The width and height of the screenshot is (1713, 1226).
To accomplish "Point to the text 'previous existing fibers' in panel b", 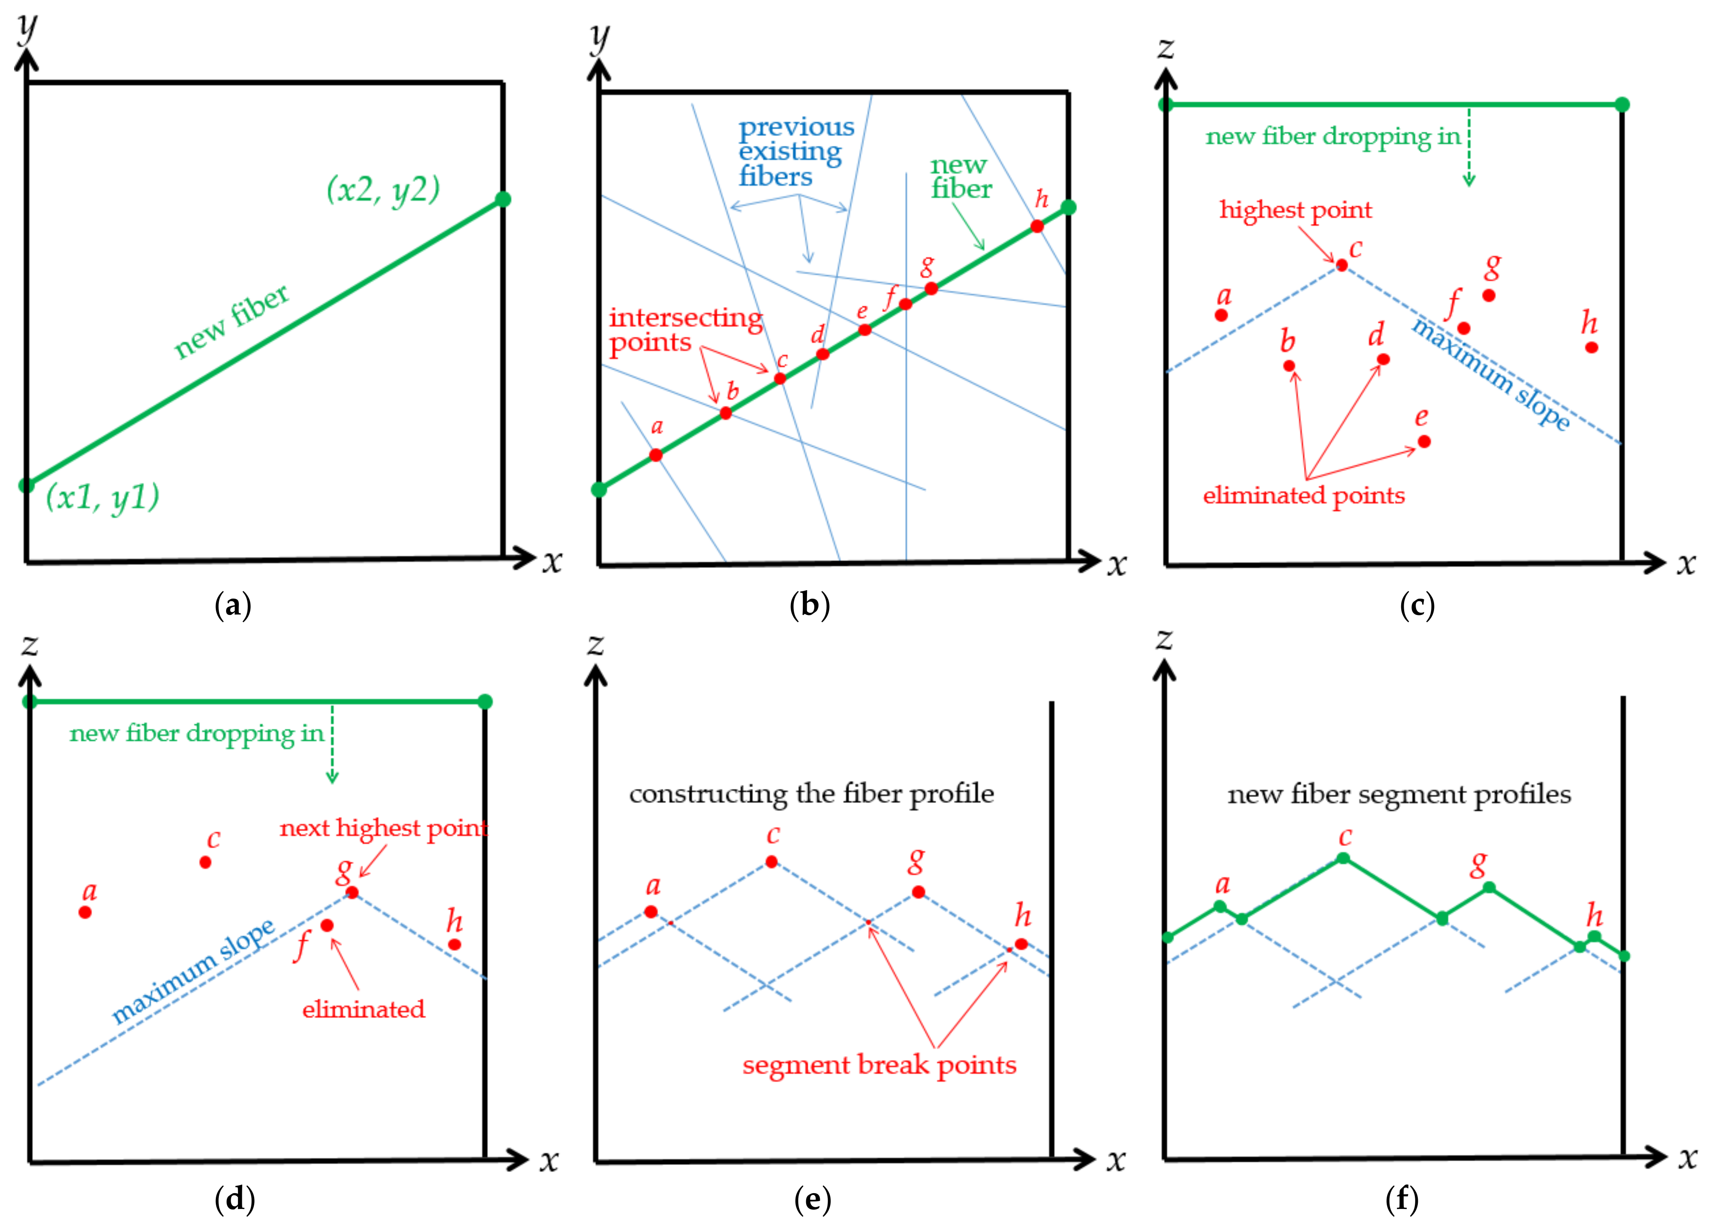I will pos(796,151).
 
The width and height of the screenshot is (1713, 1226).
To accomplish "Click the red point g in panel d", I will pos(352,893).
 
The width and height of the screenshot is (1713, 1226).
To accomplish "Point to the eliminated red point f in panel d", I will pos(327,925).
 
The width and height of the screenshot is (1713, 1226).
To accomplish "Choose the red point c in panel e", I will pos(771,861).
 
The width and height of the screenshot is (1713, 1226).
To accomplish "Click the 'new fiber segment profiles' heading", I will pos(1399,794).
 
